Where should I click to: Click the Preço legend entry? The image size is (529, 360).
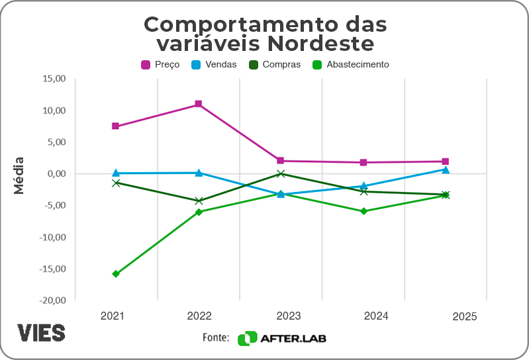point(160,65)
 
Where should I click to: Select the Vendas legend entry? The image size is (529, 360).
point(213,65)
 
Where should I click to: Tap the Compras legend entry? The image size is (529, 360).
point(273,65)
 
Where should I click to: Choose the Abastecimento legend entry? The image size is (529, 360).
point(350,65)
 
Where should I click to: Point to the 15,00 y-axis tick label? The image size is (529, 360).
point(54,79)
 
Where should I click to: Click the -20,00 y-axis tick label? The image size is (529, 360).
point(52,300)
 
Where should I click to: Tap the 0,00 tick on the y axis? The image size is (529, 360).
point(56,173)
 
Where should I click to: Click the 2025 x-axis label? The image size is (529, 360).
point(465,317)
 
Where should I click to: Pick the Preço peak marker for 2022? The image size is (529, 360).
point(198,104)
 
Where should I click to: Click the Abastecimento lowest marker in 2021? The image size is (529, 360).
point(116,274)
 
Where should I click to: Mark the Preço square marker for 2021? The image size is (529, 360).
point(116,126)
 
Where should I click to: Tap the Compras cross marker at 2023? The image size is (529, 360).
point(281,174)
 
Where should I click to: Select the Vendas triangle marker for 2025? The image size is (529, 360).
point(446,170)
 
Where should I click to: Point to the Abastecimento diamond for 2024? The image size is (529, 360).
point(363,211)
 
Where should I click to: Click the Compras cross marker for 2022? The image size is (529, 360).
point(198,201)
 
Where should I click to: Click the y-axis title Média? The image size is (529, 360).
point(19,175)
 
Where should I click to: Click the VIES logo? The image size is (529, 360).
point(41,333)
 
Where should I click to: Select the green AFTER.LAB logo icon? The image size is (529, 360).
point(247,338)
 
